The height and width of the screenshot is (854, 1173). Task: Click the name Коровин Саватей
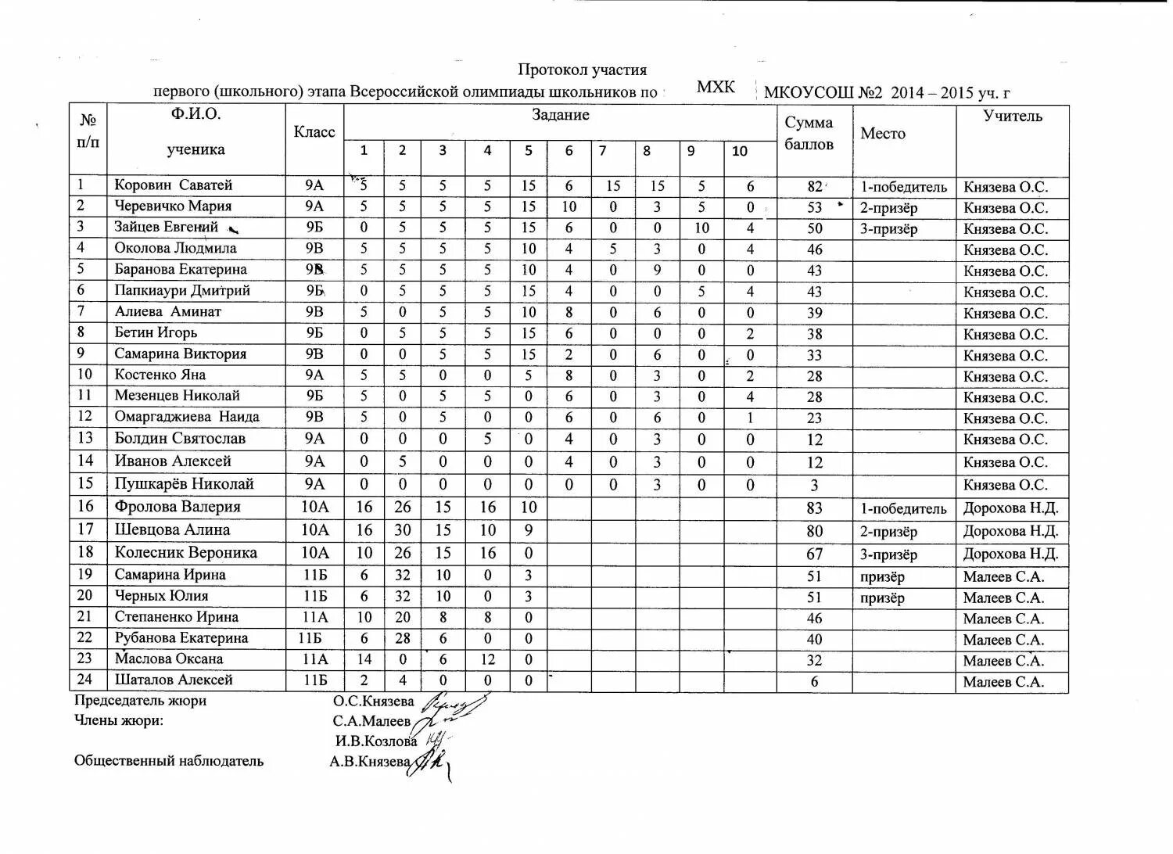[x=174, y=185]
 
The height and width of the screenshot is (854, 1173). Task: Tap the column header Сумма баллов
[x=809, y=134]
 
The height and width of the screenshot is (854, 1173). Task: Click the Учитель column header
[x=1013, y=117]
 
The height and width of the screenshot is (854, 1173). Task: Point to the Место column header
[x=883, y=134]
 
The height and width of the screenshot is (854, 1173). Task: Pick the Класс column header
[x=314, y=132]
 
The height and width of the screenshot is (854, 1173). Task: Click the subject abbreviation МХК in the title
[x=716, y=87]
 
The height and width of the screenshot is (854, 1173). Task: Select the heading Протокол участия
[x=582, y=70]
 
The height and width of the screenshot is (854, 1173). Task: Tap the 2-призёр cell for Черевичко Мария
[x=889, y=208]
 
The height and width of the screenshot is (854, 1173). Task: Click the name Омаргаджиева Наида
[x=187, y=417]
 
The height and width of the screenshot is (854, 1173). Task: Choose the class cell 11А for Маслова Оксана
[x=315, y=659]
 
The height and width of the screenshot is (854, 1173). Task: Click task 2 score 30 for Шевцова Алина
[x=402, y=530]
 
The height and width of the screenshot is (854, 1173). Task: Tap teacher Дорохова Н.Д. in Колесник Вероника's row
[x=1011, y=554]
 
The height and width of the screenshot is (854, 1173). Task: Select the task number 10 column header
[x=740, y=152]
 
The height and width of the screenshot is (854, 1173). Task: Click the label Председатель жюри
[x=140, y=701]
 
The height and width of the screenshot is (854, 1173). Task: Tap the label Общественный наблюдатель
[x=168, y=761]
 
